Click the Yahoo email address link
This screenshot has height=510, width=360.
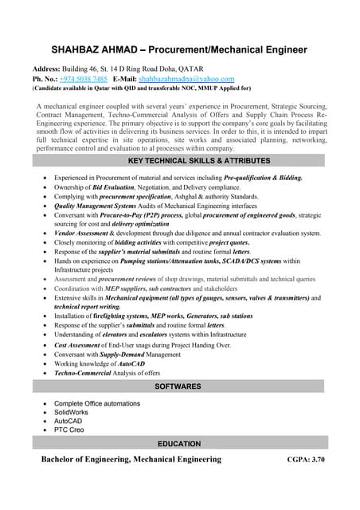(x=186, y=79)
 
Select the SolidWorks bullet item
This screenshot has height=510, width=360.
(x=72, y=412)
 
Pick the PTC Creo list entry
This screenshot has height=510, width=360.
(x=69, y=430)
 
